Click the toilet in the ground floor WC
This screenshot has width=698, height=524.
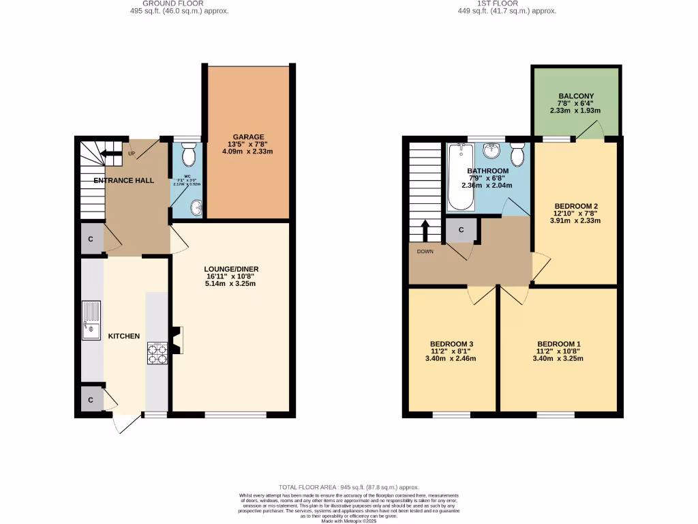click(189, 156)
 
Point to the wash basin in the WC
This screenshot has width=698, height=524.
click(196, 206)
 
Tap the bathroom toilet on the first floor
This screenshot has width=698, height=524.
click(518, 156)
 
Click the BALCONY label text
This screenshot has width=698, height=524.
click(575, 96)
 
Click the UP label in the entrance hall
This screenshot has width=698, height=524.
click(131, 154)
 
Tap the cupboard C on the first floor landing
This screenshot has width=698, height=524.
click(461, 230)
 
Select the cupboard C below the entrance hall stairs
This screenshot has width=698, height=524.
click(91, 239)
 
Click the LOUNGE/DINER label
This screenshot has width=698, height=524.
click(231, 269)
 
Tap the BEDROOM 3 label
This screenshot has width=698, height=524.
click(452, 343)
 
